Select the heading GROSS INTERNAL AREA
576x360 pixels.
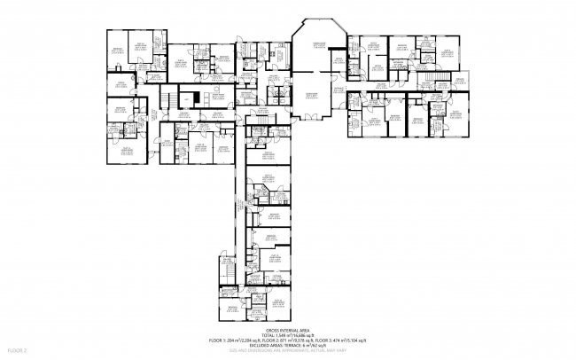tap(288, 329)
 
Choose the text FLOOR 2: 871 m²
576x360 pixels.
tap(276, 340)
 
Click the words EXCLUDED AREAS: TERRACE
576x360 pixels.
tap(268, 346)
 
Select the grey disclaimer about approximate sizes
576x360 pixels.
tap(288, 352)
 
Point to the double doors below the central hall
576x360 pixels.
tap(312, 116)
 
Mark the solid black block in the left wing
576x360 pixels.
tap(187, 97)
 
